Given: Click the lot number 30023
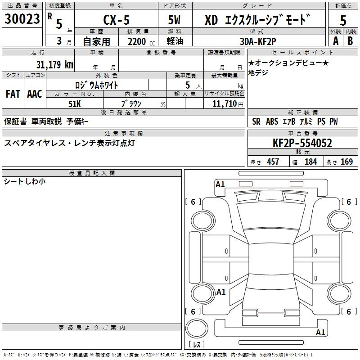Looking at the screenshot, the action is point(22,18).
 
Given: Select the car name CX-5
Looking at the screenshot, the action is point(117,20).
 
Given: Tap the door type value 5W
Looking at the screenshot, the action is point(174,20).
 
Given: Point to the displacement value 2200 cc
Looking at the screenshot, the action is point(141,41).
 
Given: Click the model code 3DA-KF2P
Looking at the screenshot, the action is point(258,41).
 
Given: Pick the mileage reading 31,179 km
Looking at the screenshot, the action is point(54,64).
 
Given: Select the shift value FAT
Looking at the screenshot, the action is point(13,94).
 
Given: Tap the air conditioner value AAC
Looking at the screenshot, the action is point(35,94).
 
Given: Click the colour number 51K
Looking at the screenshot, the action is point(75,104).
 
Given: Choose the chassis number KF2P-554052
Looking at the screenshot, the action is point(302,143).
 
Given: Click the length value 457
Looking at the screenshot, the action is point(273,162).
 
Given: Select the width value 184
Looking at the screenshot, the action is point(310,162).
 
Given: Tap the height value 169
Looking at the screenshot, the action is point(346,162).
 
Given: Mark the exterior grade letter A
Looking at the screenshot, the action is point(336,41).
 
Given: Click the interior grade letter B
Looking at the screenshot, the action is point(350,41).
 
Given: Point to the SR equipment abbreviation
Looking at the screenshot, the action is point(256,121).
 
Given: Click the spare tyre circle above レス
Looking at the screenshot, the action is point(197,328).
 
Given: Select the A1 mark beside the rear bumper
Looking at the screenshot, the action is point(320,332).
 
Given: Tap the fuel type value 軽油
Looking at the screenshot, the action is point(175,41).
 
